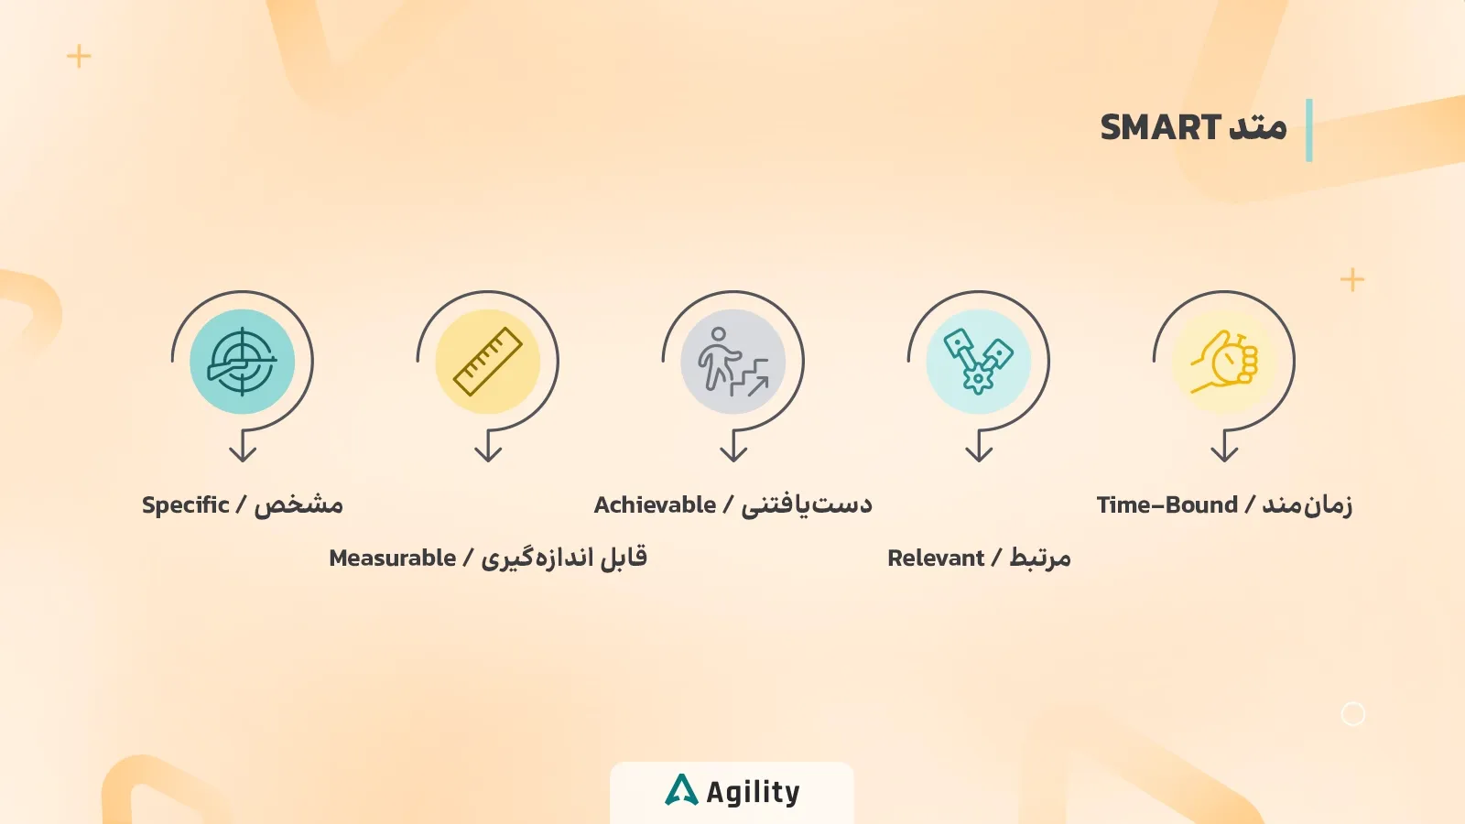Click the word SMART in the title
tap(1160, 127)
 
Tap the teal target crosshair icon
tap(242, 362)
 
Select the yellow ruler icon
tap(487, 362)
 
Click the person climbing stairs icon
tap(732, 362)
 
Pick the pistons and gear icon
tap(978, 362)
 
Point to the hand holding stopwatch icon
tap(1224, 362)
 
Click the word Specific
tap(185, 505)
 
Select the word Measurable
tap(392, 558)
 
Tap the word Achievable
tap(655, 505)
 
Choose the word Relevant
tap(935, 558)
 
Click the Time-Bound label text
tap(1167, 505)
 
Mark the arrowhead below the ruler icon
tap(488, 452)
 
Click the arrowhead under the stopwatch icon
tap(1224, 452)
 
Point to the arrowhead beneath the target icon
tap(243, 452)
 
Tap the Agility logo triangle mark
tap(681, 790)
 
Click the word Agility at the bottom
tap(753, 792)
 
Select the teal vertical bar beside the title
tap(1309, 130)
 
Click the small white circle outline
tap(1352, 714)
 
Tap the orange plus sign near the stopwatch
tap(1351, 280)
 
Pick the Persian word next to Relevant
tap(1039, 558)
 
